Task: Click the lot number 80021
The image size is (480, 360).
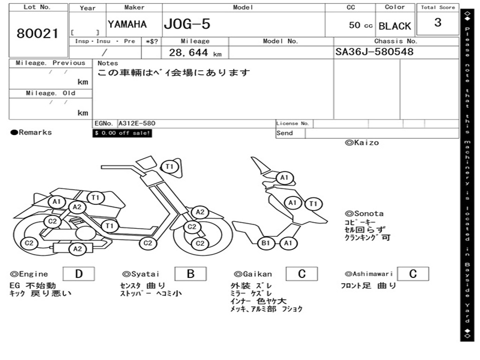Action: (37, 33)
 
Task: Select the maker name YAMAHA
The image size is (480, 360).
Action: (127, 24)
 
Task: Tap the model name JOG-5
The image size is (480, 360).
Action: (187, 24)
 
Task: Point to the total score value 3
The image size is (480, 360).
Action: (438, 22)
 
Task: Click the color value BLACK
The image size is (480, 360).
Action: (395, 26)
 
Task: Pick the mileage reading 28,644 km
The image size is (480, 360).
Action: (195, 52)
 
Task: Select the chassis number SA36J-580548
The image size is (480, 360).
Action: (374, 52)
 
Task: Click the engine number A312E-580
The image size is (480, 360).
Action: (137, 123)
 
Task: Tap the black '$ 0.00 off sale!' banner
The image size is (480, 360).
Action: (122, 133)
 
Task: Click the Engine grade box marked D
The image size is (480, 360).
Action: (79, 274)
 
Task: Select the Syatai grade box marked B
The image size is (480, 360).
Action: (190, 274)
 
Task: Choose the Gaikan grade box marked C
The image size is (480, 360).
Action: (302, 274)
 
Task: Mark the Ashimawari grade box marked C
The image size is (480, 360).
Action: (413, 274)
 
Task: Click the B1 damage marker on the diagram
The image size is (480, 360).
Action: (265, 243)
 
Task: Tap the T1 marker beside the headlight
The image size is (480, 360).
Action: (169, 167)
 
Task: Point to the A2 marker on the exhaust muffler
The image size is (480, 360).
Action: (77, 249)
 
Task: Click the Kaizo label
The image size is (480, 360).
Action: (362, 142)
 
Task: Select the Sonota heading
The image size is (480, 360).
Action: (364, 214)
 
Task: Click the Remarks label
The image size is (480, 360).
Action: (31, 132)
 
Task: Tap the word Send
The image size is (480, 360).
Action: (285, 133)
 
